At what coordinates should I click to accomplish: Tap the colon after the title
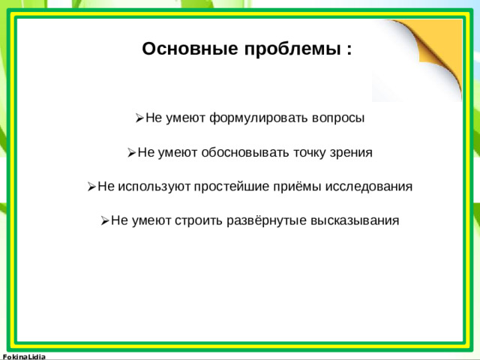tap(349, 50)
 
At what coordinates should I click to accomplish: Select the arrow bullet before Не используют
tap(91, 187)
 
